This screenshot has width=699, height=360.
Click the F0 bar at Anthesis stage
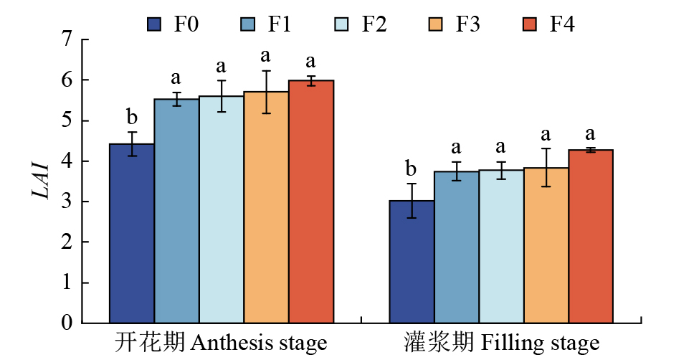point(131,233)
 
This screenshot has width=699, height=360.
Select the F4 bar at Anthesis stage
point(311,202)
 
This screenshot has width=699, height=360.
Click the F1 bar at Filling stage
point(457,247)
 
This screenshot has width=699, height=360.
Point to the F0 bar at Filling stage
point(412,262)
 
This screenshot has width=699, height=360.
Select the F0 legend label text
point(186,24)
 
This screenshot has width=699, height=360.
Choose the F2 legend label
point(374,24)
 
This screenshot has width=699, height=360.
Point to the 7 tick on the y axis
point(67,40)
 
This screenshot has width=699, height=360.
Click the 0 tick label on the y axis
point(67,323)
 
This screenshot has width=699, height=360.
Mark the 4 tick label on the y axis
point(67,161)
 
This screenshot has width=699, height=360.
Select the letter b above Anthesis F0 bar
point(132,116)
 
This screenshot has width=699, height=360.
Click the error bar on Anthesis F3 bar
point(266,92)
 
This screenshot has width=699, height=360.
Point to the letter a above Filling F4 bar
point(591,134)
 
